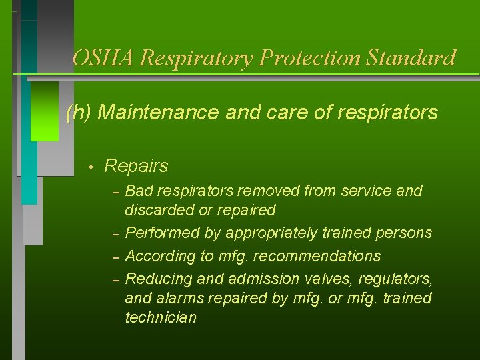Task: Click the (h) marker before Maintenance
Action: click(79, 113)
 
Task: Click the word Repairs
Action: click(137, 165)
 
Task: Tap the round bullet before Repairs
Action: click(88, 166)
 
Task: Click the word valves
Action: click(321, 278)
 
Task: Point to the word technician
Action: click(161, 318)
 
